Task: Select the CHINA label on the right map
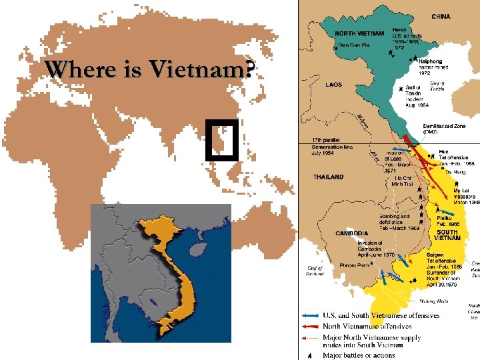tap(441, 16)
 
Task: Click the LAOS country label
tap(334, 85)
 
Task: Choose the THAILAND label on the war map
tap(329, 177)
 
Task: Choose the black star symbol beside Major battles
tap(310, 355)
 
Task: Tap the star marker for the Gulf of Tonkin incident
tap(399, 87)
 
